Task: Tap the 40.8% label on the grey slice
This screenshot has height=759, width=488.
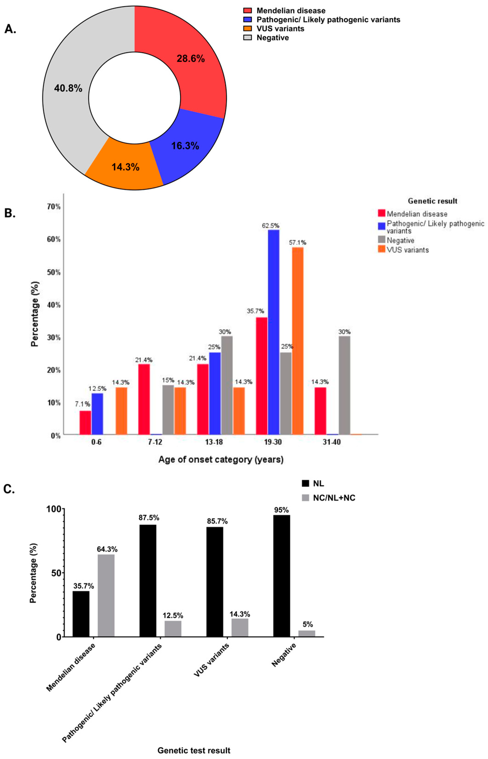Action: tap(68, 88)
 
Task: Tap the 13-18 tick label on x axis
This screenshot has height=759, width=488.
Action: tap(214, 442)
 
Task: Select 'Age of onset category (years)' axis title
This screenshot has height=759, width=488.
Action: tap(221, 460)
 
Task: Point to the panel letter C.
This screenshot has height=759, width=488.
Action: tap(9, 489)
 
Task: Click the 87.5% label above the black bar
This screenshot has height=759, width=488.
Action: tap(149, 518)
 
